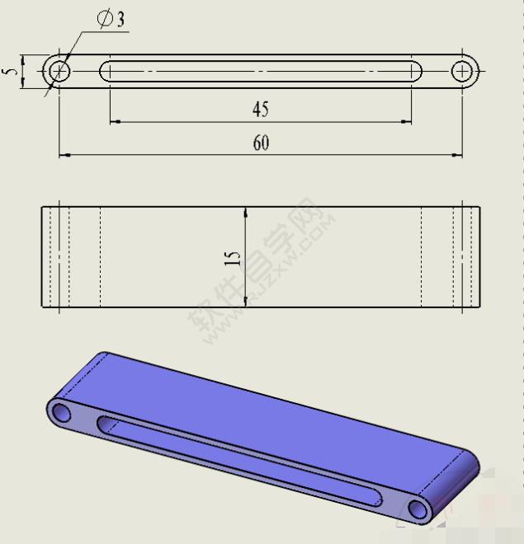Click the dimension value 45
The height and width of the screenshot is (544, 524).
click(260, 109)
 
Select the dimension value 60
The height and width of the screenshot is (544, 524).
click(261, 143)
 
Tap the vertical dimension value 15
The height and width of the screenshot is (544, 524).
click(234, 258)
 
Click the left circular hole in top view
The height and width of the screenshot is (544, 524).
click(58, 72)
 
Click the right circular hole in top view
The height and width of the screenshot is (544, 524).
click(464, 72)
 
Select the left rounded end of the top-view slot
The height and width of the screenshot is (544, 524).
click(105, 72)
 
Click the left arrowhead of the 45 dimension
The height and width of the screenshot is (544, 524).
click(114, 122)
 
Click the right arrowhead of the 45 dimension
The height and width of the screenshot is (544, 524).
click(407, 122)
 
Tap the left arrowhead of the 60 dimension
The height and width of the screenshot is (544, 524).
click(63, 154)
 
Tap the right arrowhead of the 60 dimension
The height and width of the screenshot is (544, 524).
click(458, 154)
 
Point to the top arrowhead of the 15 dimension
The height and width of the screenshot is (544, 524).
click(245, 211)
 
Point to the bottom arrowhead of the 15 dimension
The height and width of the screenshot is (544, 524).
click(245, 302)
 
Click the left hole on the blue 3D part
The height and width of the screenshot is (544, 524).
click(62, 412)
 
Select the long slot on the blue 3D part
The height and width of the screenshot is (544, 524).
click(239, 461)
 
